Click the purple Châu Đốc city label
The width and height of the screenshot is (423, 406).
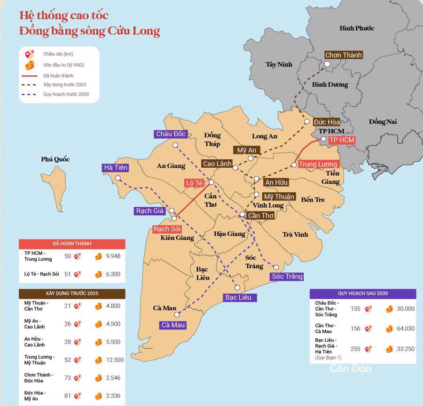point(171,134)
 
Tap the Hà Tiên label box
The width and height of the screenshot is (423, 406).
point(116,168)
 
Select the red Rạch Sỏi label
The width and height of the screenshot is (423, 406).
point(167,229)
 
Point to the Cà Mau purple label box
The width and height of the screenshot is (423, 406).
point(173,325)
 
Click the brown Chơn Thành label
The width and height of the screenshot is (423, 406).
point(344,55)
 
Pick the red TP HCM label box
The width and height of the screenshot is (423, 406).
point(342,140)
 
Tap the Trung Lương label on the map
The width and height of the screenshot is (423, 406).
point(318,164)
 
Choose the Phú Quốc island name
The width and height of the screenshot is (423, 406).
point(55,159)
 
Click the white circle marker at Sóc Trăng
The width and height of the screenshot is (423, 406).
point(276,267)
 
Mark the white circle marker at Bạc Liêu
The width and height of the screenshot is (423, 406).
point(237,287)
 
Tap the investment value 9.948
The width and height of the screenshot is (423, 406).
point(113,256)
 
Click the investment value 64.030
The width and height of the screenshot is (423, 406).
point(405,328)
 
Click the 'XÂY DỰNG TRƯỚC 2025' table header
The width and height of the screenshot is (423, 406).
point(72,293)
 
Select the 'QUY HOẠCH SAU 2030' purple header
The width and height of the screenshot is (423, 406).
point(362,293)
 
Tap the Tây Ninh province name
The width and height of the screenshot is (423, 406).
point(279,64)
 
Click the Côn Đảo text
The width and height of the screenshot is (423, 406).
point(350,368)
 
